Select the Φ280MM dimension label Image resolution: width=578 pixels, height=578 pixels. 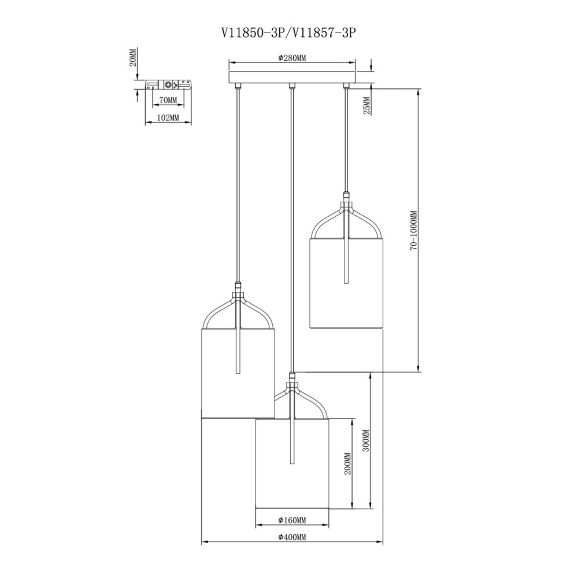pos(292,58)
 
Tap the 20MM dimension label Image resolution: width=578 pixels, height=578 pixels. pos(133,57)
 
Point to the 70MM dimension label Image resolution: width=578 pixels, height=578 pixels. pos(168,100)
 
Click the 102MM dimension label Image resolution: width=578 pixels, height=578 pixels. pos(168,118)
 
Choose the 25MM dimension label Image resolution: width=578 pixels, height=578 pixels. pos(366,106)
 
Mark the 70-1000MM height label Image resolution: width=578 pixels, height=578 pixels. pos(414,231)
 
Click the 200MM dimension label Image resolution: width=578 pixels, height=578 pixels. pos(347,464)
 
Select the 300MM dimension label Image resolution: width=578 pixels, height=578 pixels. pos(366,440)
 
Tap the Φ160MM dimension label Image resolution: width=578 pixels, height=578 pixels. pos(292,520)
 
